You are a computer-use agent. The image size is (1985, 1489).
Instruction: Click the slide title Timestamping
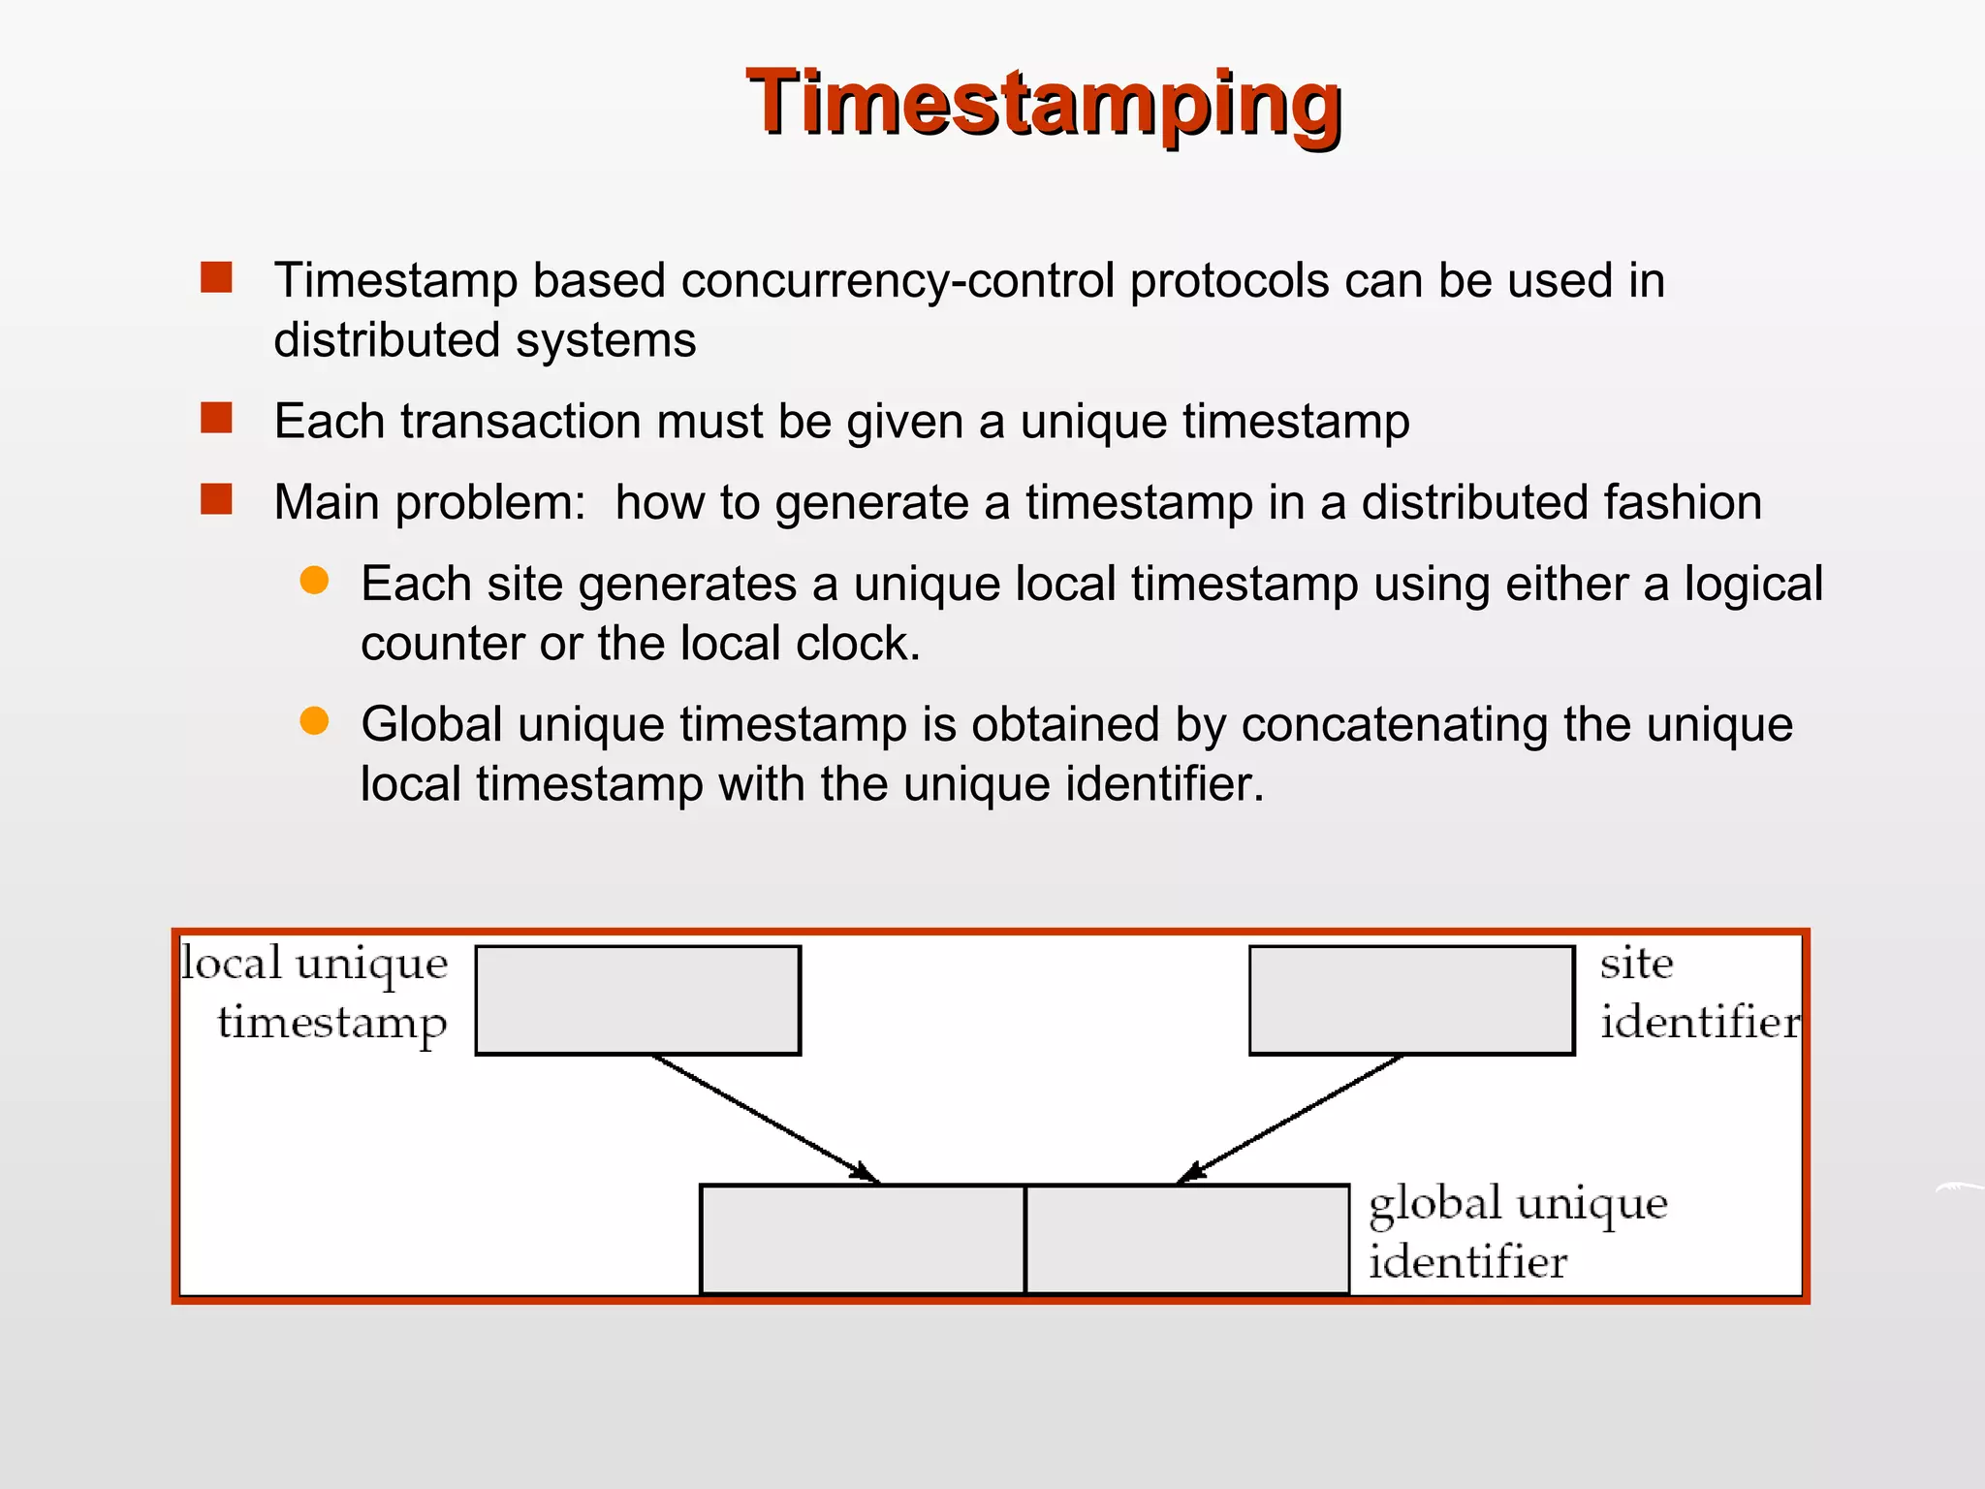tap(1043, 103)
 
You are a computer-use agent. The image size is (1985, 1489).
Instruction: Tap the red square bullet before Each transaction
tap(216, 418)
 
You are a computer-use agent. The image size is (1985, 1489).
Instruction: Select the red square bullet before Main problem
tap(216, 499)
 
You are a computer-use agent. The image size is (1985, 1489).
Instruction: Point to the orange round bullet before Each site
tap(314, 580)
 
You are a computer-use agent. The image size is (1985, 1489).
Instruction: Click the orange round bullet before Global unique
tap(314, 720)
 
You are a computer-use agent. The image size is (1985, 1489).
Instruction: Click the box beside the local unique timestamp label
tap(638, 999)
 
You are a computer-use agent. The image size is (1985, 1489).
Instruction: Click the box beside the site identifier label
tap(1411, 999)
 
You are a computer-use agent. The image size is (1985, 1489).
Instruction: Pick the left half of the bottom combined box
tap(862, 1239)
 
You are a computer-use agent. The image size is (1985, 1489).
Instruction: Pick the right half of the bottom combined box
tap(1186, 1239)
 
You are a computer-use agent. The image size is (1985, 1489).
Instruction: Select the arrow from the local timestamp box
tap(766, 1120)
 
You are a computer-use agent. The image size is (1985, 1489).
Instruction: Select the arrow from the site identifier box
tap(1289, 1120)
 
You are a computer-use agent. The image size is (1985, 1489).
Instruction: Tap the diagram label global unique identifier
tap(1516, 1232)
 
